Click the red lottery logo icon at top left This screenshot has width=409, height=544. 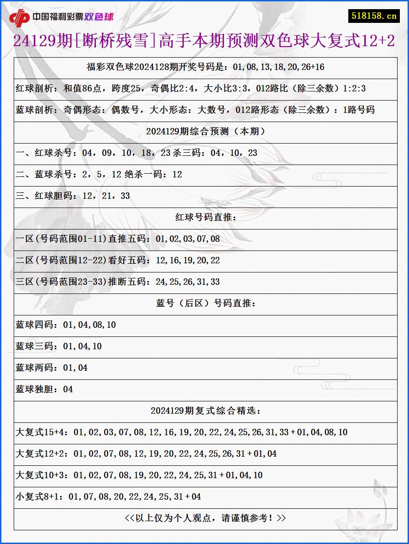pos(19,17)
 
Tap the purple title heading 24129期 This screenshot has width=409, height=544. pos(204,42)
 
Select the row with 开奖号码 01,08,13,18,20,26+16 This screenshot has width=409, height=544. pos(205,67)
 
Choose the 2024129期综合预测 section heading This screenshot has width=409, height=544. pos(205,132)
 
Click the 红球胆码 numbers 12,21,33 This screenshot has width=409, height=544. pos(106,196)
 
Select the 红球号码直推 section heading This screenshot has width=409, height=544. pos(205,218)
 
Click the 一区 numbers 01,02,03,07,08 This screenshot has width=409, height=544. pos(188,239)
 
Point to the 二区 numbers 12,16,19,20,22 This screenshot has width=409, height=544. pos(188,261)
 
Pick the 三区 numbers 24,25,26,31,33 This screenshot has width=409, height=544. pos(188,282)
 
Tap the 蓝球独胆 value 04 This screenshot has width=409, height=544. pos(68,389)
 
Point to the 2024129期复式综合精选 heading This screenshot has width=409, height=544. pos(205,411)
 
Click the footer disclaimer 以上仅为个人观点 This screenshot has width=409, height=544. pos(205,518)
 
